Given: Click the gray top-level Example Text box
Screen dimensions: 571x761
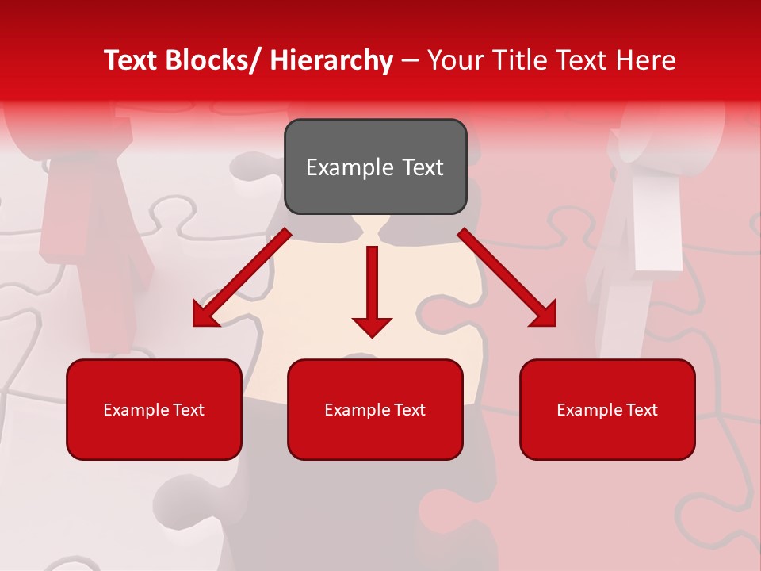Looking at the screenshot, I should pos(375,167).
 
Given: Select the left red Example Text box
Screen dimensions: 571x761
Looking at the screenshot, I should pos(154,409).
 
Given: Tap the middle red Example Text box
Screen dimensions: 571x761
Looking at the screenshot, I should pos(375,409).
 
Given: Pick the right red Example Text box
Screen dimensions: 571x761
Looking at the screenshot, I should pos(607,409).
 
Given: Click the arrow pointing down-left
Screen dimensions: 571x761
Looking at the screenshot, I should pos(242,277).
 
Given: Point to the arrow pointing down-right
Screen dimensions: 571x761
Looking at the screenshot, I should pos(507,277).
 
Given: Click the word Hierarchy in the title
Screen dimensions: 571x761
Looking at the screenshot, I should pos(331,60).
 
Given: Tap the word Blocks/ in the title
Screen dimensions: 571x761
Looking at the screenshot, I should pos(216,60).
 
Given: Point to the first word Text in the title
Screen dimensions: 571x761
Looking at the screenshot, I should pos(132,60).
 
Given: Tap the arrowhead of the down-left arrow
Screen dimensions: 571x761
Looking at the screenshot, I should pos(205,315).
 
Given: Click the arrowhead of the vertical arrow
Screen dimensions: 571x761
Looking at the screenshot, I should pos(372,324).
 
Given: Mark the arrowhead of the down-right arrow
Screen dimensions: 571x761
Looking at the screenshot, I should pos(544,314).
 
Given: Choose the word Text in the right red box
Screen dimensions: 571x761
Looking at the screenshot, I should pos(642,409).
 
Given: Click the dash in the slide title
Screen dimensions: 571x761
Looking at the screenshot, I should pos(410,60).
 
